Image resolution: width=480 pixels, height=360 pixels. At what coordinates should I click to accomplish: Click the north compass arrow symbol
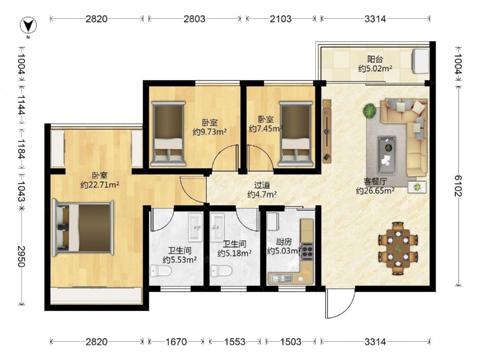coord(28,25)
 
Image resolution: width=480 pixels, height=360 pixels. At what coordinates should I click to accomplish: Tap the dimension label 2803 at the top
coord(194,19)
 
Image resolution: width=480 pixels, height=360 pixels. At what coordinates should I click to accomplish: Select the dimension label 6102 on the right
coord(458,186)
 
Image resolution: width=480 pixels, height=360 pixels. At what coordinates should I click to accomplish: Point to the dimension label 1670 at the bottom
coord(176,341)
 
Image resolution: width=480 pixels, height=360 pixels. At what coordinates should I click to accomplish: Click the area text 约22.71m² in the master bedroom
coord(100,185)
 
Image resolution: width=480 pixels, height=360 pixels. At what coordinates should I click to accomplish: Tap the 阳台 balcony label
coord(375,59)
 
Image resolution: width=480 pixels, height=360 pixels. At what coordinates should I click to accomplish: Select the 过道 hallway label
coord(262,185)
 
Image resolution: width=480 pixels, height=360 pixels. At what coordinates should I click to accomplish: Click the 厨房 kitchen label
coord(284,242)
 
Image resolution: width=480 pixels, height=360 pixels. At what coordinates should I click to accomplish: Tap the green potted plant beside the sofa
coord(370,110)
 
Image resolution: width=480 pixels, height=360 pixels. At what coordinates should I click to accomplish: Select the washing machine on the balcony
coord(420,61)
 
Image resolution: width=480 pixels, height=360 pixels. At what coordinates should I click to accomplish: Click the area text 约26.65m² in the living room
coord(375,191)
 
